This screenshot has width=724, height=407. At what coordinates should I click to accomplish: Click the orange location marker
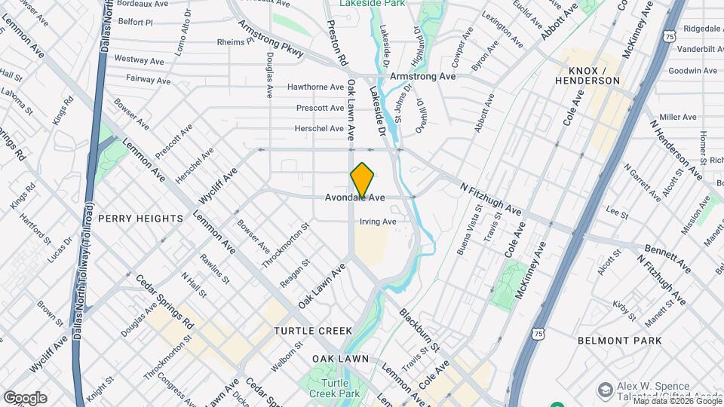pyautogui.click(x=363, y=179)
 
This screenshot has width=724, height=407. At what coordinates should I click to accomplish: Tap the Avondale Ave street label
pyautogui.click(x=355, y=198)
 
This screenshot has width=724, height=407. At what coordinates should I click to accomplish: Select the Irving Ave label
pyautogui.click(x=378, y=222)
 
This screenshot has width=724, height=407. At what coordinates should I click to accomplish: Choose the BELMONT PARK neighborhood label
pyautogui.click(x=620, y=341)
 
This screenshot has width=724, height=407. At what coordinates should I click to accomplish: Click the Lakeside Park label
pyautogui.click(x=373, y=4)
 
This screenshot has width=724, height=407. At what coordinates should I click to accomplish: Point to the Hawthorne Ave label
pyautogui.click(x=315, y=87)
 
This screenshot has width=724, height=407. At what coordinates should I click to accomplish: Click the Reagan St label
pyautogui.click(x=296, y=274)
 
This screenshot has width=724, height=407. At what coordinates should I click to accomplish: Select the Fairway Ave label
pyautogui.click(x=148, y=79)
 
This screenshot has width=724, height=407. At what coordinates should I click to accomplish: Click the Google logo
pyautogui.click(x=25, y=398)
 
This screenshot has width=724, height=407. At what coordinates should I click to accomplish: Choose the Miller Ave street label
pyautogui.click(x=677, y=118)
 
